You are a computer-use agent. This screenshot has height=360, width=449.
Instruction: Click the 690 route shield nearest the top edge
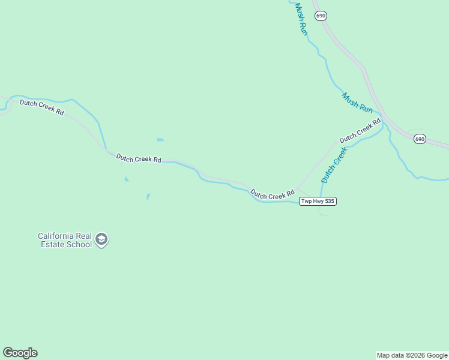point(321,16)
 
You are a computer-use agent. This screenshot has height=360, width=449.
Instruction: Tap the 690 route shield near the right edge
point(419,139)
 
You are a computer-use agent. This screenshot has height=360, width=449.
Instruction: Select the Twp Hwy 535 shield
point(318,201)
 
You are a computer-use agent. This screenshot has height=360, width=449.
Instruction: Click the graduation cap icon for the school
point(101,240)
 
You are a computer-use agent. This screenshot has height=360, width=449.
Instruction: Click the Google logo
point(20,353)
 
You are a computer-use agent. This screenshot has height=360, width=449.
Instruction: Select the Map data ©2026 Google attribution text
point(412,355)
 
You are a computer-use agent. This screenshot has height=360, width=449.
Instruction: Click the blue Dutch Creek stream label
point(334,166)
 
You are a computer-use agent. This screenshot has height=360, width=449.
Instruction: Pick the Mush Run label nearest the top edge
point(301,19)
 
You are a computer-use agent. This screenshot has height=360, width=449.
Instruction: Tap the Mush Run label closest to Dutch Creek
point(358,103)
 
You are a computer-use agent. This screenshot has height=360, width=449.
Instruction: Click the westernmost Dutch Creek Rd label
point(41,107)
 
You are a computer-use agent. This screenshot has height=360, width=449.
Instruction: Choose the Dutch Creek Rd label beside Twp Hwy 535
point(273,194)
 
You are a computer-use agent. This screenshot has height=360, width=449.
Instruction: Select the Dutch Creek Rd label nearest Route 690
point(360,130)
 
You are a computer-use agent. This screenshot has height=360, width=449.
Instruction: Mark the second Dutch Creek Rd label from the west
point(139,158)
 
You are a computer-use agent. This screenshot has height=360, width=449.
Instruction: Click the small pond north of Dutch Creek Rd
point(160,140)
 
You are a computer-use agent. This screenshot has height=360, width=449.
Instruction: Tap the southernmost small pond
point(148,196)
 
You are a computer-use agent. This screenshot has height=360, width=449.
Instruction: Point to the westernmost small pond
point(126,179)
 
